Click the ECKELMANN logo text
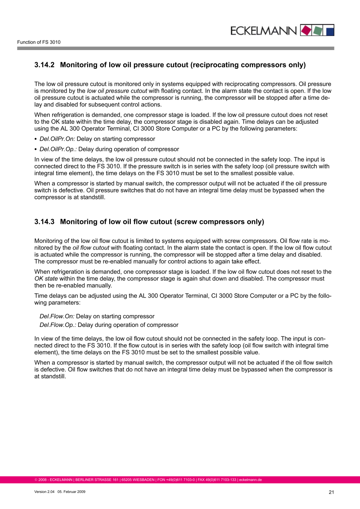(x=263, y=31)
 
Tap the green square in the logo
(x=317, y=30)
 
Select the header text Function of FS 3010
(x=39, y=42)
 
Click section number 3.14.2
(x=45, y=65)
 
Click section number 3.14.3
(x=45, y=222)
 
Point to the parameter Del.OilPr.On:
(x=57, y=139)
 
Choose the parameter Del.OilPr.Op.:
(x=58, y=149)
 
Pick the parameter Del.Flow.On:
(x=57, y=316)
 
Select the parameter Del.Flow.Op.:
(x=58, y=325)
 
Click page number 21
(x=331, y=492)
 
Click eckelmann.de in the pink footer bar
(x=250, y=480)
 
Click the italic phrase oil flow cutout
(x=91, y=248)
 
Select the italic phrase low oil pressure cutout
(x=117, y=91)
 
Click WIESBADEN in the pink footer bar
(x=142, y=480)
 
